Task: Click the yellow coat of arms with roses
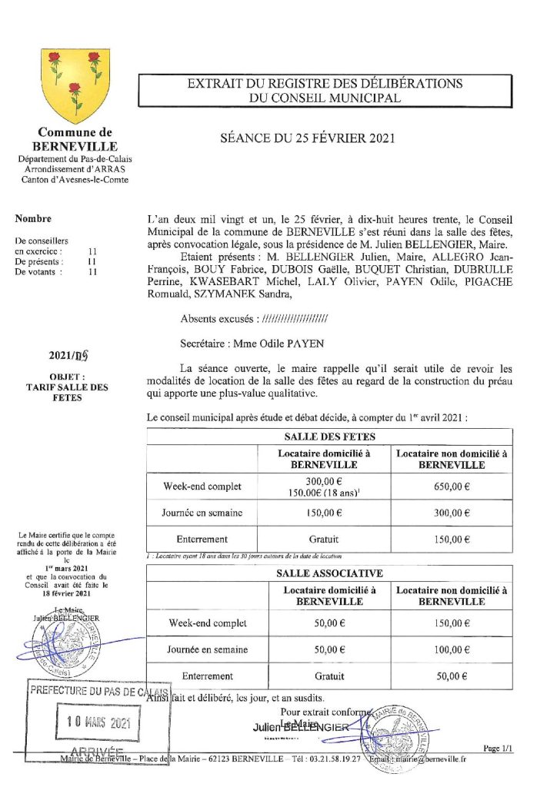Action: click(75, 83)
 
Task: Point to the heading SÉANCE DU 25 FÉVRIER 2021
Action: click(308, 138)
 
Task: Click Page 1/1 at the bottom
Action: click(499, 748)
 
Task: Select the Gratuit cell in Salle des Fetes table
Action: click(323, 540)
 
